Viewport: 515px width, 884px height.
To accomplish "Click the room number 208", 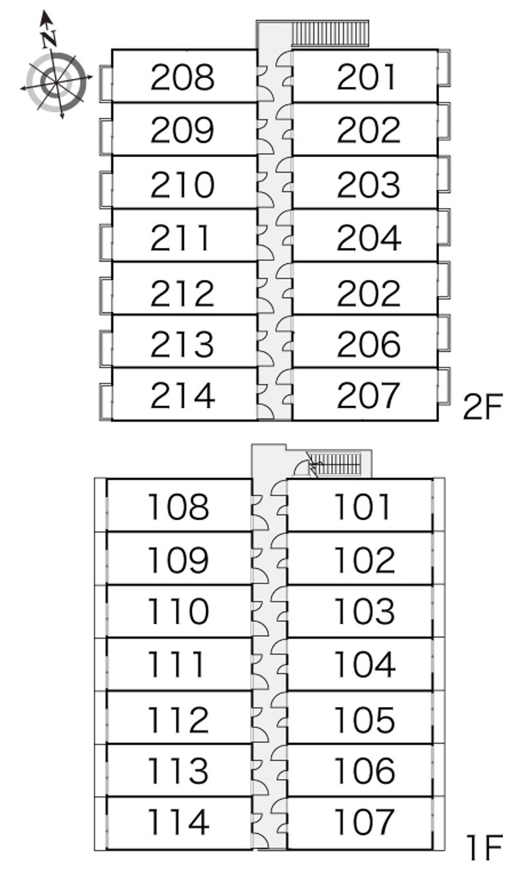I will [182, 77].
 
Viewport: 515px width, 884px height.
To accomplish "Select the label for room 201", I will [368, 77].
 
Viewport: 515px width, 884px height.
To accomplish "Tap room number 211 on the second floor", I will [180, 238].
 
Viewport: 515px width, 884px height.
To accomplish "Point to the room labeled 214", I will [182, 395].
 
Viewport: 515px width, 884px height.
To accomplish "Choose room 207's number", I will [368, 395].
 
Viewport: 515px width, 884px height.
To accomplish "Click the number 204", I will [368, 238].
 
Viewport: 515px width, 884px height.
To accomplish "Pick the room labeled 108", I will [178, 507].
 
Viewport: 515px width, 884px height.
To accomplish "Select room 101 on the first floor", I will [362, 507].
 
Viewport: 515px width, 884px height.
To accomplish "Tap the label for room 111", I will [176, 664].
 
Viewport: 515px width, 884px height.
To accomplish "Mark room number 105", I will [364, 719].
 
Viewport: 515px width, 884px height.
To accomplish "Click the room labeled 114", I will [178, 822].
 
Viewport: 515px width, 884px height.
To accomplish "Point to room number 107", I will [364, 822].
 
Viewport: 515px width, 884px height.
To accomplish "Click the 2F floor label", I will [482, 407].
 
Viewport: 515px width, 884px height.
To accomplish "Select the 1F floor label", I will [483, 848].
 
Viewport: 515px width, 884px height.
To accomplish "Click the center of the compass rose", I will [57, 82].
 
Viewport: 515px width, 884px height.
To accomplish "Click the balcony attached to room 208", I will [106, 82].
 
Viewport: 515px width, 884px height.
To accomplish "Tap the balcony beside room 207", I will [444, 386].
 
